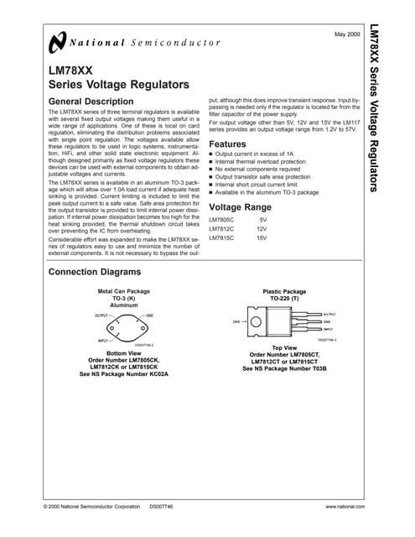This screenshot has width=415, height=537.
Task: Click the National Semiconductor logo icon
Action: pos(56,42)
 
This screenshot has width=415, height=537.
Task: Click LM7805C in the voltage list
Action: pos(222,219)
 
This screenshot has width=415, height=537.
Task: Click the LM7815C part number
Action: pos(222,238)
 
